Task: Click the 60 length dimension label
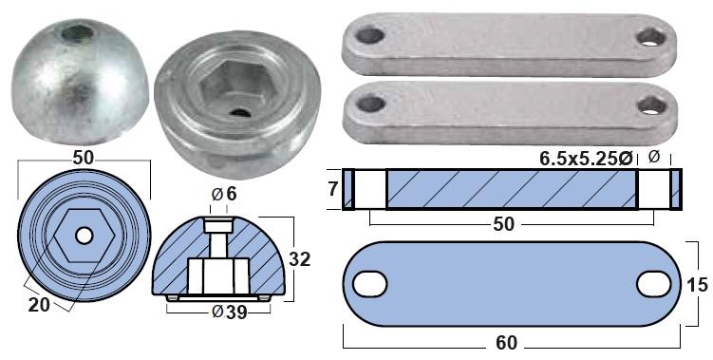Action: [x=506, y=343]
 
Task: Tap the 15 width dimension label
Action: [x=698, y=285]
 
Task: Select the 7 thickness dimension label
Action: [x=333, y=189]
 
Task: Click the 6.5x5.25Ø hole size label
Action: [x=586, y=158]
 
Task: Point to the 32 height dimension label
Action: [x=300, y=259]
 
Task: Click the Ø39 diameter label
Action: [x=230, y=313]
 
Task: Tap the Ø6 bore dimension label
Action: [x=224, y=195]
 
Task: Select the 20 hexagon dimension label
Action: [x=39, y=305]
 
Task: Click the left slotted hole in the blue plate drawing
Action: [x=369, y=284]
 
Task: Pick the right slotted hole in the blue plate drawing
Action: [x=654, y=284]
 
